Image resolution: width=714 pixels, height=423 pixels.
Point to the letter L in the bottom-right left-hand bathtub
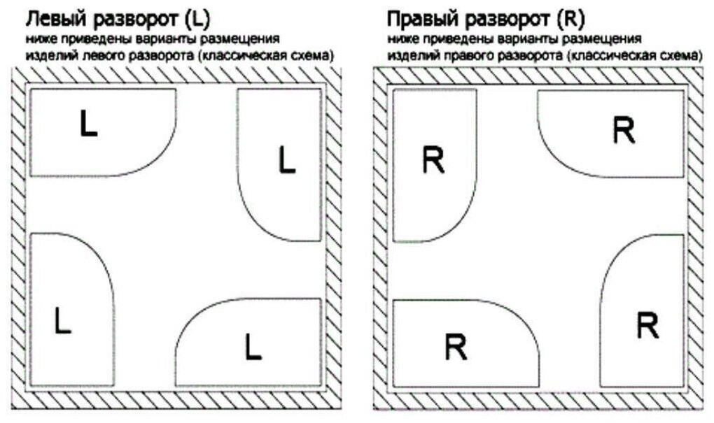(253, 347)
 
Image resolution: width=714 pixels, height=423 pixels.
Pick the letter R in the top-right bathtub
(623, 130)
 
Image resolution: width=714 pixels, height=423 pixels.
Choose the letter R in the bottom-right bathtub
(648, 325)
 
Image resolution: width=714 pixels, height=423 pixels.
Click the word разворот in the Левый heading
(131, 17)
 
